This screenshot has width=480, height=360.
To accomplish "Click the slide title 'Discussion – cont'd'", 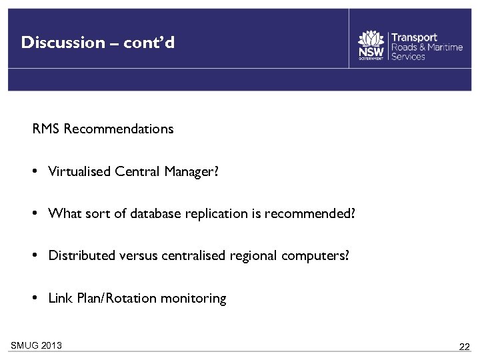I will pyautogui.click(x=98, y=43).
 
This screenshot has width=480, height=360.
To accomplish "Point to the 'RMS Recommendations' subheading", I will pyautogui.click(x=103, y=129).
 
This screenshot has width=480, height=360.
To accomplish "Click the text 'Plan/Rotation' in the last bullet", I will pyautogui.click(x=111, y=298).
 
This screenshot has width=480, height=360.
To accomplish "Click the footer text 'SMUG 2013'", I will pyautogui.click(x=37, y=345).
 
